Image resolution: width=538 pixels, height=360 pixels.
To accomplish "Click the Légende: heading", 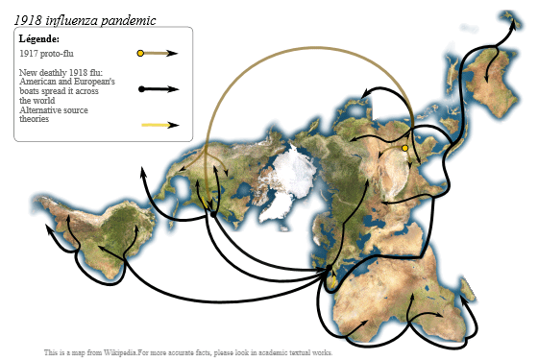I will click(39, 38).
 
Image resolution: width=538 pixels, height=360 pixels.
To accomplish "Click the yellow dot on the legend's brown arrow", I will click(140, 53).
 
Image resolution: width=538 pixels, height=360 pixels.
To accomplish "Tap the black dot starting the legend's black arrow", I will click(141, 89).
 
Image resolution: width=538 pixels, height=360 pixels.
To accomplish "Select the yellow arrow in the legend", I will click(159, 125).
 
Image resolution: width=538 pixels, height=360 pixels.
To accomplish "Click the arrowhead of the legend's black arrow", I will click(176, 89).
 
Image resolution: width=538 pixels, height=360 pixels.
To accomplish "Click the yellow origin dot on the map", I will click(405, 149).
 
